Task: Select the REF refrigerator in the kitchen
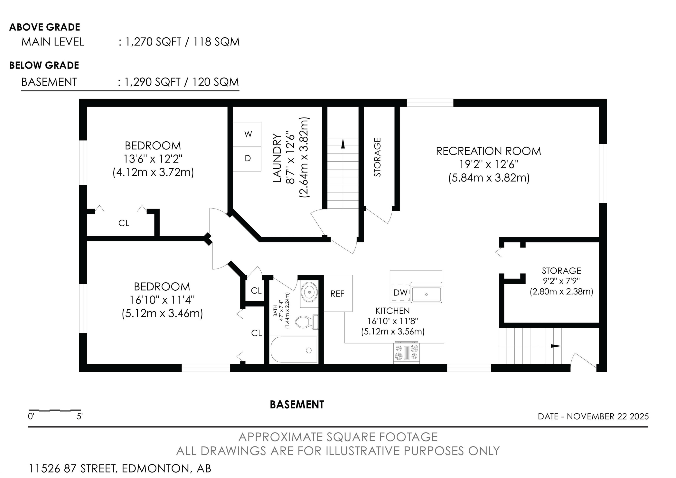click(x=338, y=293)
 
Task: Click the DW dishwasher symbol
click(x=400, y=292)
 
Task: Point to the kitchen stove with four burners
click(x=407, y=353)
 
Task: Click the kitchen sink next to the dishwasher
click(x=426, y=292)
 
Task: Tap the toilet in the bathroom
click(x=306, y=322)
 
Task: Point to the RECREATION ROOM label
click(x=489, y=151)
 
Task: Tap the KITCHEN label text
click(x=393, y=311)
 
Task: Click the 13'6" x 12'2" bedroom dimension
click(x=153, y=159)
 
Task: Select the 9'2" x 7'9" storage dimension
click(x=561, y=281)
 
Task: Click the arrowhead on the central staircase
click(x=343, y=143)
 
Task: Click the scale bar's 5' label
click(x=80, y=416)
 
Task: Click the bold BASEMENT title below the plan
click(x=297, y=405)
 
